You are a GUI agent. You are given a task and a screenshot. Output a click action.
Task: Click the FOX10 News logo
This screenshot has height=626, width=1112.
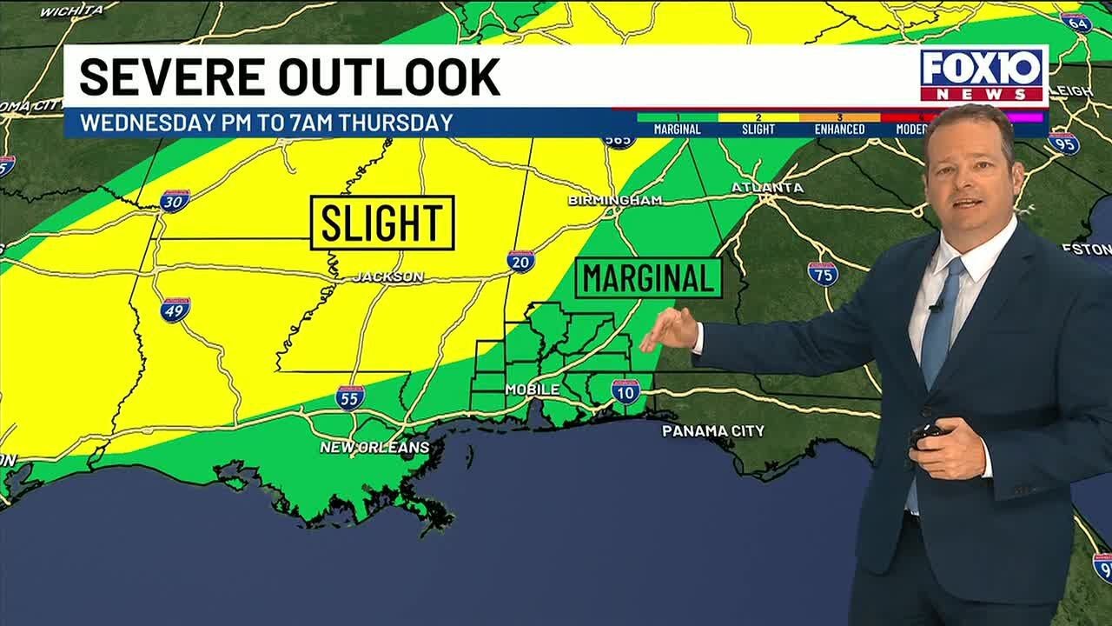[x=983, y=75]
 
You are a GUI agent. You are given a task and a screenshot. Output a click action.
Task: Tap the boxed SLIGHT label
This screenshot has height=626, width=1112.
[x=383, y=223]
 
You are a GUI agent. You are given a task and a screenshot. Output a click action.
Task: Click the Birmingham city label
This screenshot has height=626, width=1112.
[x=615, y=201]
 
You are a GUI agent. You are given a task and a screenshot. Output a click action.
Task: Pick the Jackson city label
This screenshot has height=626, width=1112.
[x=388, y=277]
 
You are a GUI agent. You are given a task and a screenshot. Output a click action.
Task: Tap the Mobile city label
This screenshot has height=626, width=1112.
[x=532, y=390]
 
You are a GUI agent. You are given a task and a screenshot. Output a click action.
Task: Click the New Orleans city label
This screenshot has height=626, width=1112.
[x=374, y=447]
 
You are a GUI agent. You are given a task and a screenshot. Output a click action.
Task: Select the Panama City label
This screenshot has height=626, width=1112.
[x=713, y=431]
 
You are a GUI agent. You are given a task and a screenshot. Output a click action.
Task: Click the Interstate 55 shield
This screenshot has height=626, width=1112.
[x=350, y=397]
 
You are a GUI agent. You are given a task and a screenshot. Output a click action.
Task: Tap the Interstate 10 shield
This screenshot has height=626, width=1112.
[x=625, y=391]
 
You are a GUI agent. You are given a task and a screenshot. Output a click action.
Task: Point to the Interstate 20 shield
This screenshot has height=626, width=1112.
[x=521, y=261]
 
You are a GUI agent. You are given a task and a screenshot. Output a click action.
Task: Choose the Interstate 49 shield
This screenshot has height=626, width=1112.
[x=175, y=310]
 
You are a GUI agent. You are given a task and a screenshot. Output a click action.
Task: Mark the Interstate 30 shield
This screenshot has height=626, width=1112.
[x=175, y=201]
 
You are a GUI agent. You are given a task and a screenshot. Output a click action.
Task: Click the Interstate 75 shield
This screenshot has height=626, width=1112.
[x=823, y=274]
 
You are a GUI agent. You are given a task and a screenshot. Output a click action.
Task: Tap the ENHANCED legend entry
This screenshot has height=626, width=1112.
[x=839, y=129]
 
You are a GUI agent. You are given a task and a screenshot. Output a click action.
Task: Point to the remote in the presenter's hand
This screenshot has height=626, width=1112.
[x=928, y=436]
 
